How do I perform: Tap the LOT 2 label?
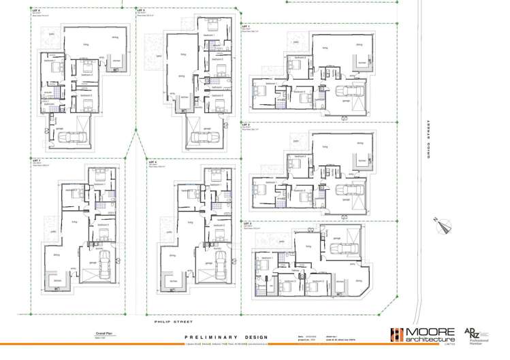pos(246,125)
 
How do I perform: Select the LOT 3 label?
pos(246,223)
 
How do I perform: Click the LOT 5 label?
pos(141,11)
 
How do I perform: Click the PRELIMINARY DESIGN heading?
pos(226,337)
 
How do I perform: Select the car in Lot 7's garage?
pos(104,267)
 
